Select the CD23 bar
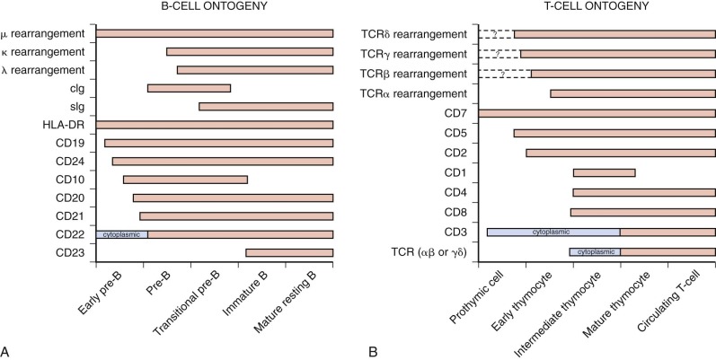(289, 253)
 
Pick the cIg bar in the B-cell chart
(189, 88)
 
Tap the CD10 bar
(185, 180)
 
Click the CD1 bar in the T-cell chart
(604, 172)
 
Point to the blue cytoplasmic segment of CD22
(121, 234)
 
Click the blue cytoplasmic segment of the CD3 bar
(553, 232)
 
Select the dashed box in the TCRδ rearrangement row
(496, 34)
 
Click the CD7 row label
(453, 113)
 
